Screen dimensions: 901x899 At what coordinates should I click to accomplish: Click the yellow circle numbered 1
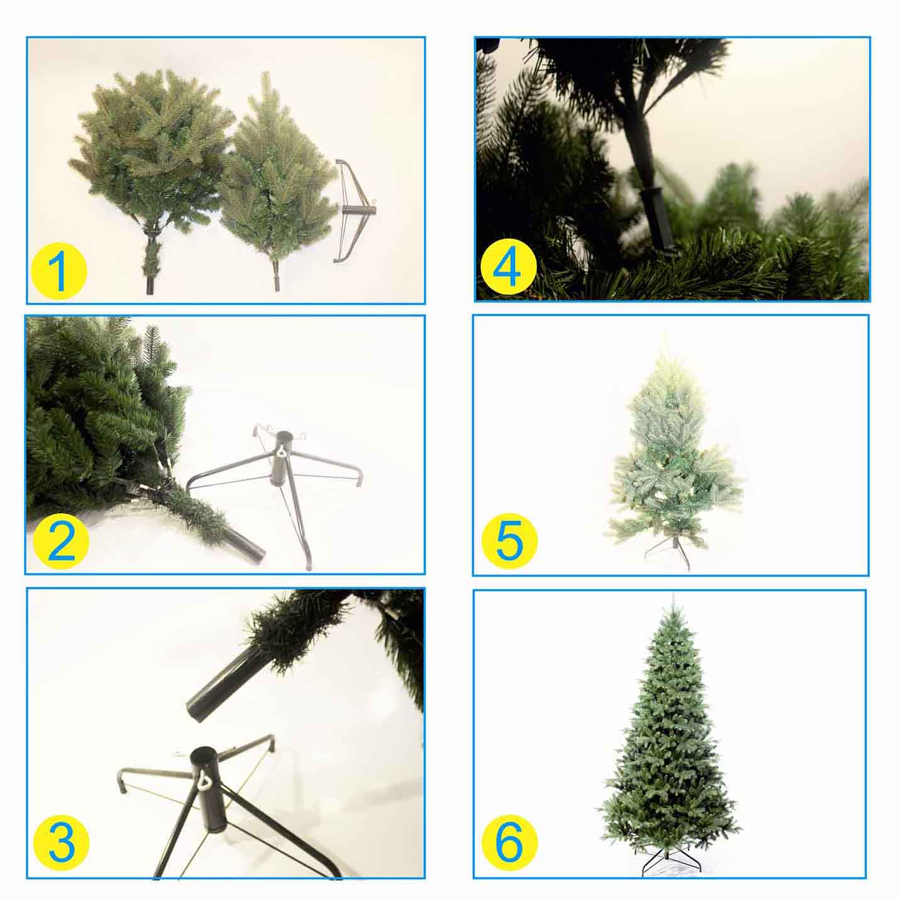[x=59, y=271]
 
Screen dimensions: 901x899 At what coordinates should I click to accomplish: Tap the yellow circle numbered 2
[x=61, y=541]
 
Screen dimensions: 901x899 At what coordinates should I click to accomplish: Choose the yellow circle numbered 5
[x=510, y=542]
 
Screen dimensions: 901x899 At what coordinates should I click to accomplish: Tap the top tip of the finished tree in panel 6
[x=672, y=595]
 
